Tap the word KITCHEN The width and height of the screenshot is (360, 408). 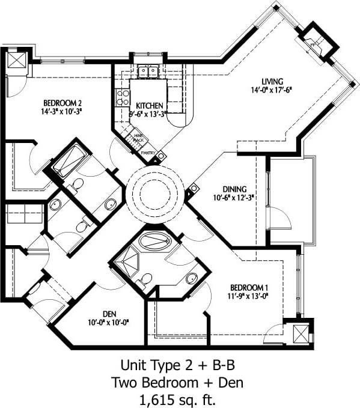pos(146,105)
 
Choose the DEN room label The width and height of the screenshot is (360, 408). pos(109,313)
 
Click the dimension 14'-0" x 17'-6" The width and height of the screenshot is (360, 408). pos(271,90)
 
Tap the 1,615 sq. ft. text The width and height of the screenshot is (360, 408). pos(180,397)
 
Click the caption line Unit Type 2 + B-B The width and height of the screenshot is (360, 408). pos(180,364)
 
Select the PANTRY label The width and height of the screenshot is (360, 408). pos(148,153)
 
